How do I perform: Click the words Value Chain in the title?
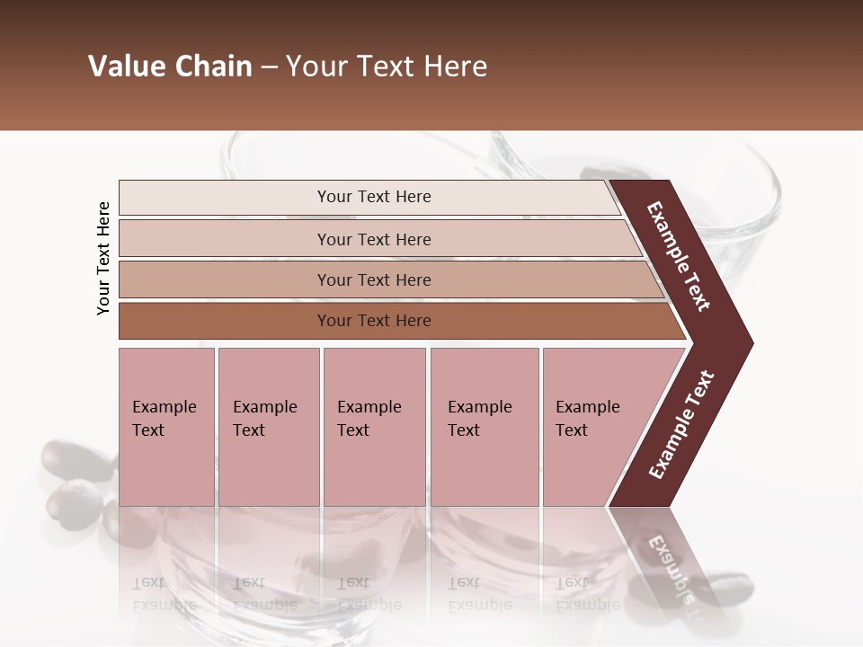coord(170,66)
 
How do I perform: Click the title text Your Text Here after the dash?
coord(387,66)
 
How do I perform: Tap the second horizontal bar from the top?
coord(374,239)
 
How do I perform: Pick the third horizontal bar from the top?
coord(374,279)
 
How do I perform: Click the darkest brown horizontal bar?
coord(374,321)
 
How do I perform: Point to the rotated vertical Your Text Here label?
coord(103,258)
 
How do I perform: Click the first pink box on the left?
coord(166,427)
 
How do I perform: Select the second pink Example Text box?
coord(268,427)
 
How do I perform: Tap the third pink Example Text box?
coord(374,427)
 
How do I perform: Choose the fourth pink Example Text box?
coord(484,427)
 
